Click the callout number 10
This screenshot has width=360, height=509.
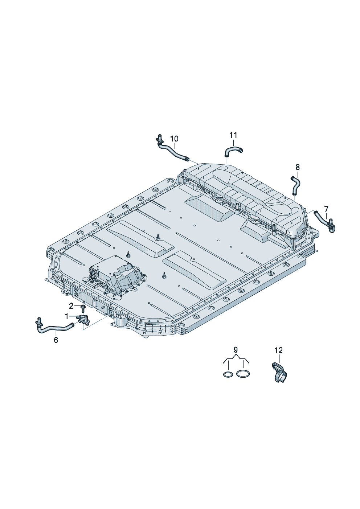coord(174,138)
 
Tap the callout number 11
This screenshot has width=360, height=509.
coord(233,135)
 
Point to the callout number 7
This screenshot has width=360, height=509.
coord(326,208)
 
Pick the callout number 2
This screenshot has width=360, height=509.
coord(71,306)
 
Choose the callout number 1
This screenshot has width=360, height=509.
coord(66,316)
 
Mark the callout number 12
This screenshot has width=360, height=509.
coord(279,350)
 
